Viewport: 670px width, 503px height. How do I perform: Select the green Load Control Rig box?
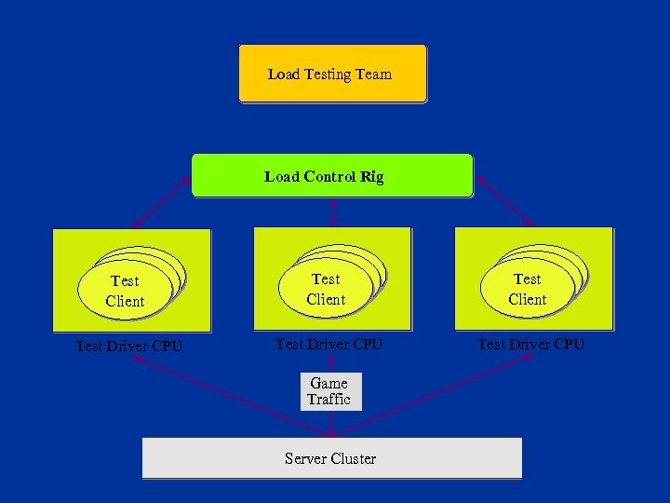point(332,176)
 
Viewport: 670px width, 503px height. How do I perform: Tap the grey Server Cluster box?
point(331,458)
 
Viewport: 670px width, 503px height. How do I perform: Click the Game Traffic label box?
point(329,391)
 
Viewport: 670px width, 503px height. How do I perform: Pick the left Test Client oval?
point(125,290)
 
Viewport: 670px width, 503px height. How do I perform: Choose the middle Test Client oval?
point(326,289)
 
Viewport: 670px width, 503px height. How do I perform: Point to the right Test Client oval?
point(527,289)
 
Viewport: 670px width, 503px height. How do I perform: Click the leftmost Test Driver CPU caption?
point(128,347)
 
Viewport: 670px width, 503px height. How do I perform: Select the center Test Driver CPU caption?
point(329,345)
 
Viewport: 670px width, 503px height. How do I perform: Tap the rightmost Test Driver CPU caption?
point(530,345)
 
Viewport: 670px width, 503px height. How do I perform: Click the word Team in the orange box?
point(372,74)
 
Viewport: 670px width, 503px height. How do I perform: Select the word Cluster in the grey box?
point(353,458)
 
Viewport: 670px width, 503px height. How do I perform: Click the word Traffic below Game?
point(329,400)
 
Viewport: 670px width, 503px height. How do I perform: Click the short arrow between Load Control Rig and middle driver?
point(332,212)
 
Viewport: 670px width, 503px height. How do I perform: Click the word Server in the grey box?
point(305,458)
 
